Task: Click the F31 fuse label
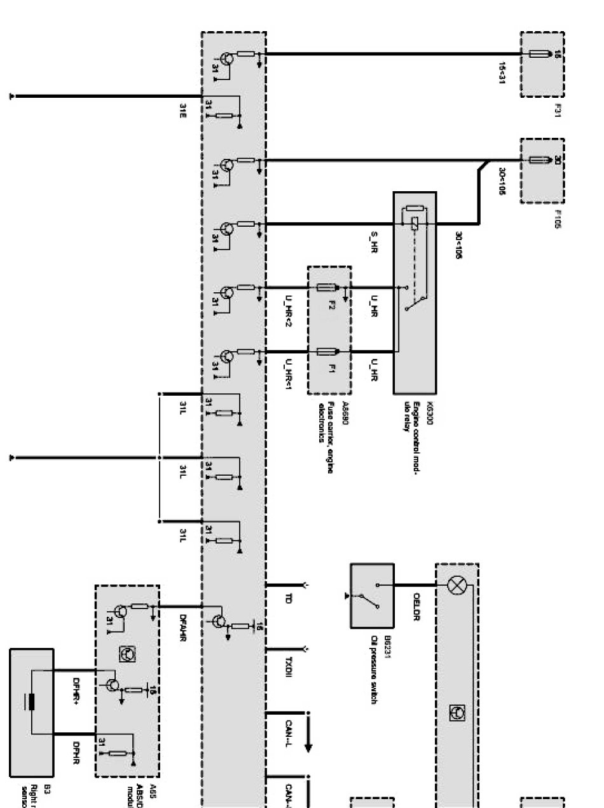click(x=558, y=112)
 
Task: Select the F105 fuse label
click(x=558, y=219)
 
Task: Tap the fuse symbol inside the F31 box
click(x=539, y=53)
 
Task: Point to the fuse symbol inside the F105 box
click(x=539, y=160)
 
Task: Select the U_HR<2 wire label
click(x=288, y=316)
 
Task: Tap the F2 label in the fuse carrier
click(x=331, y=304)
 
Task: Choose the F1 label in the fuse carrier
click(x=331, y=369)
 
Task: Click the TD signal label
click(x=288, y=598)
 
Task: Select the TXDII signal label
click(x=288, y=665)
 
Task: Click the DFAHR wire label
click(x=182, y=626)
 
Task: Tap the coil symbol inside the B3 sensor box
click(x=31, y=703)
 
